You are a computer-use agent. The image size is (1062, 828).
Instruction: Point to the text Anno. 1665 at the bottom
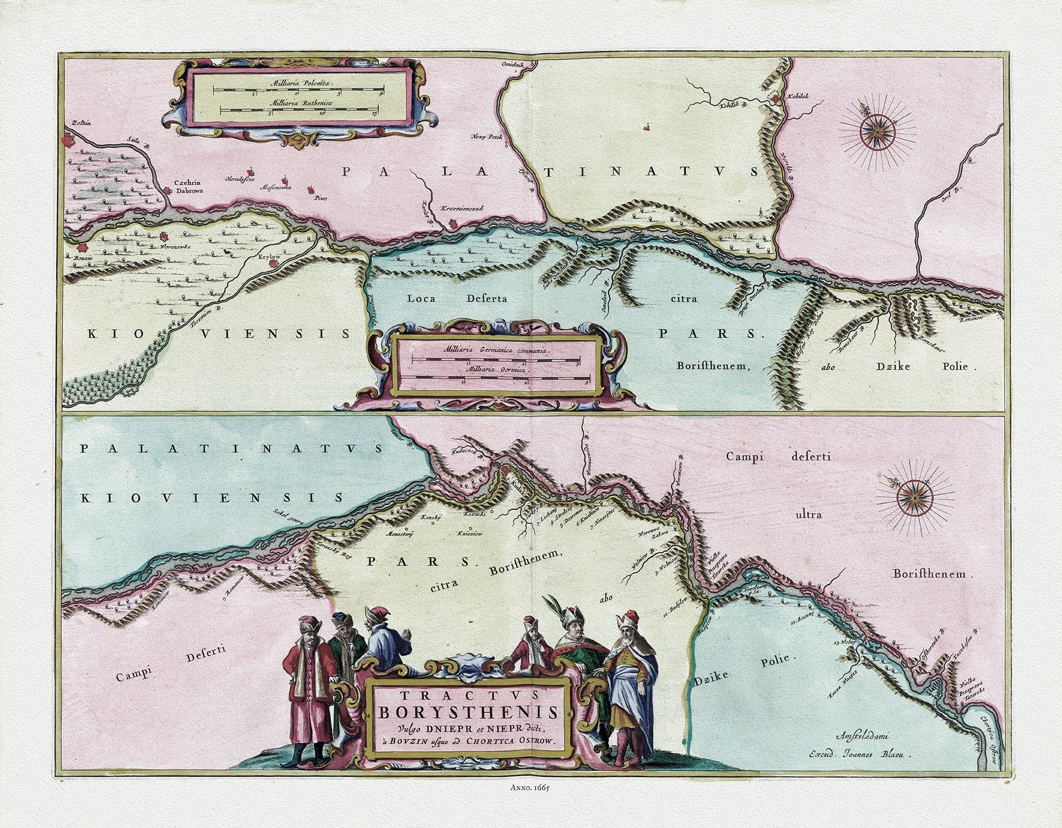click(531, 787)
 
